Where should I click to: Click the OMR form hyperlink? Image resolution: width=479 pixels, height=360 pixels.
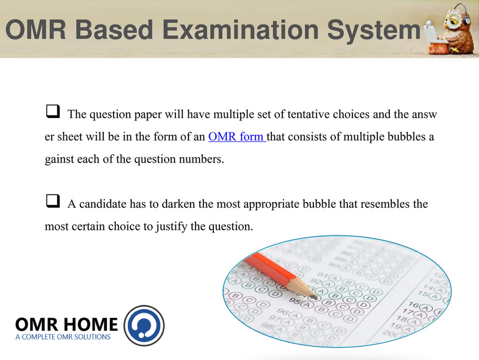[x=237, y=137]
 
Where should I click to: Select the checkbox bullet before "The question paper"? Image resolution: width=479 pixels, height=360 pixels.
[x=53, y=111]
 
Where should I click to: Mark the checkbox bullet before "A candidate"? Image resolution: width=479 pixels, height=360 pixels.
[x=53, y=201]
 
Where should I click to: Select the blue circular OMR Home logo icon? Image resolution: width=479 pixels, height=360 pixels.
[x=144, y=325]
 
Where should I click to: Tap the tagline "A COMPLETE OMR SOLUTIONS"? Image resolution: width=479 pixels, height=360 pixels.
[x=63, y=337]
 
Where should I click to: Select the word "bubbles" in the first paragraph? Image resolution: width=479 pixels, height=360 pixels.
[x=406, y=137]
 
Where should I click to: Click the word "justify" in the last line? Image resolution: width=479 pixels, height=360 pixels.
[x=171, y=226]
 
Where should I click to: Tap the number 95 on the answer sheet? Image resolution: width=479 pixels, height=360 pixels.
[x=294, y=301]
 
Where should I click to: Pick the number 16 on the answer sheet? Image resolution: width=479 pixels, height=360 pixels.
[x=414, y=305]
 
